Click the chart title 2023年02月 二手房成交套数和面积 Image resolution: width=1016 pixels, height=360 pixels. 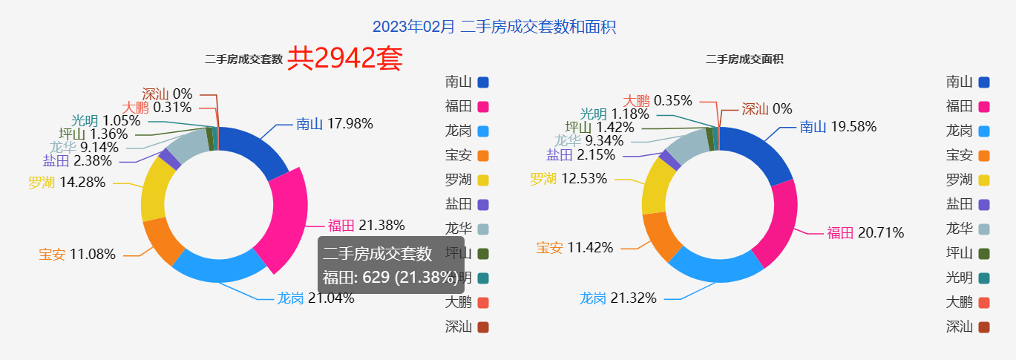[x=494, y=27]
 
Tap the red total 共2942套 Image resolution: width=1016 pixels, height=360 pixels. [x=345, y=59]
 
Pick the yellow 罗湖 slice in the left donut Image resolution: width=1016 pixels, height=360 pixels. [x=154, y=189]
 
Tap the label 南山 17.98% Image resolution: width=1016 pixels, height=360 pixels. [x=334, y=124]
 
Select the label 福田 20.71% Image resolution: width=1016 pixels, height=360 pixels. [x=865, y=233]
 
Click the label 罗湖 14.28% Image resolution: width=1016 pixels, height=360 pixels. [x=67, y=183]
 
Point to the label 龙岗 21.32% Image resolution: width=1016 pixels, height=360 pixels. [x=617, y=298]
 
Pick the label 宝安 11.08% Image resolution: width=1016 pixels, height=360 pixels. [x=77, y=255]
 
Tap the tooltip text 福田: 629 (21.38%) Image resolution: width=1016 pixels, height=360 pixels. [x=390, y=278]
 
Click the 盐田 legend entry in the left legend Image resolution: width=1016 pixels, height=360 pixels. [x=467, y=204]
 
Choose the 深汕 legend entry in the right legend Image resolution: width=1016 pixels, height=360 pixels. [x=969, y=326]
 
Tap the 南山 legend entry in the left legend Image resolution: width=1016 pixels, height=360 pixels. [x=467, y=82]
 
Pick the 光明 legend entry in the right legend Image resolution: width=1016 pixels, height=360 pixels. [x=969, y=278]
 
